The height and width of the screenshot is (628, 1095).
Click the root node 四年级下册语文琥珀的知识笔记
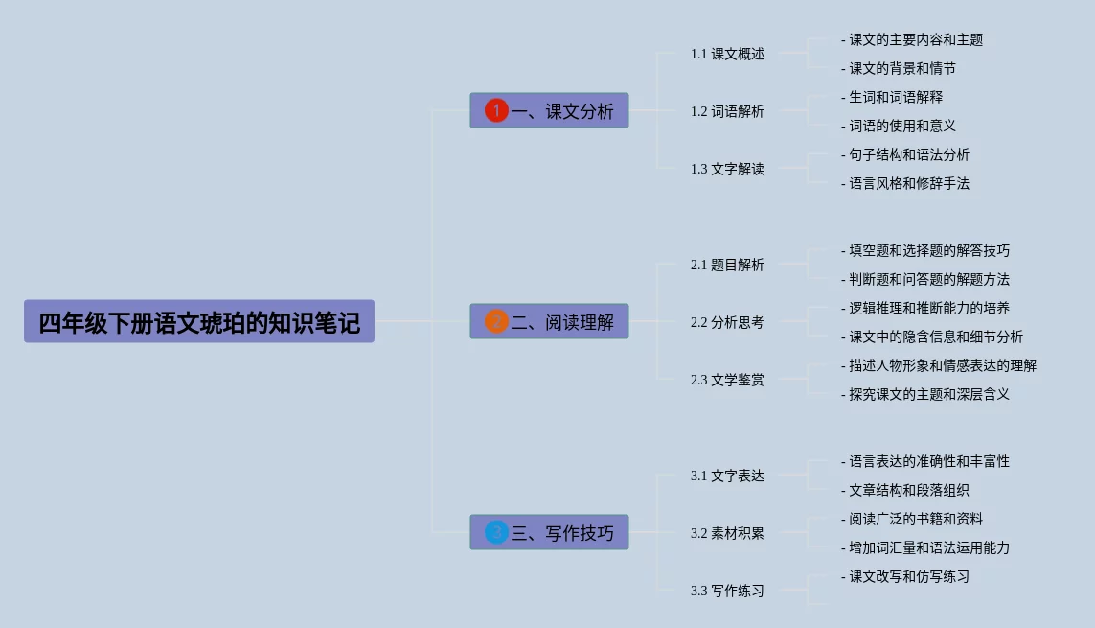point(199,322)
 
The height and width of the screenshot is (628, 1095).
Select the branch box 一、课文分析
point(549,110)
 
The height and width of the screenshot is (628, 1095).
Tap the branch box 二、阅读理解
point(549,321)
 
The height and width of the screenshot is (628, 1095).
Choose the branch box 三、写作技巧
point(549,532)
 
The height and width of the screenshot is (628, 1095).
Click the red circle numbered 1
point(496,110)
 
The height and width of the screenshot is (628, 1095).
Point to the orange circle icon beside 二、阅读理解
point(496,321)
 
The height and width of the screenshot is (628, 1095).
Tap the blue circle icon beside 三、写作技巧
point(496,532)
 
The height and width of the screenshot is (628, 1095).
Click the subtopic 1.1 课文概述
point(727,54)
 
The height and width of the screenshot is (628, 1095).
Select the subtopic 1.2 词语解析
point(727,111)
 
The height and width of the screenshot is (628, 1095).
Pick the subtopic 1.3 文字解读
point(727,169)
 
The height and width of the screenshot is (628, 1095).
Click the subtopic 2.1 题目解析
point(727,265)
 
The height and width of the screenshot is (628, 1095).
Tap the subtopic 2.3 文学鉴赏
point(727,380)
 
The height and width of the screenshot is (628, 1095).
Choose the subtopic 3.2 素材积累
point(727,533)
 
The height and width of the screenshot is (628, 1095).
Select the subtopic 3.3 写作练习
point(727,591)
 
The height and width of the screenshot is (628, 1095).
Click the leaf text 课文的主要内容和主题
point(915,39)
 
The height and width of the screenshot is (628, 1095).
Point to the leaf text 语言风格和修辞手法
point(908,183)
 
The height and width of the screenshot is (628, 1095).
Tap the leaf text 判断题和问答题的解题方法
point(928,279)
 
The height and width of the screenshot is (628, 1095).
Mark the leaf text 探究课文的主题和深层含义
point(928,394)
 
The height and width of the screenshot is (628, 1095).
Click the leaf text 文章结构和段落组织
point(908,490)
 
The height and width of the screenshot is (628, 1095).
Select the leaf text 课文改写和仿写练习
point(908,576)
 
